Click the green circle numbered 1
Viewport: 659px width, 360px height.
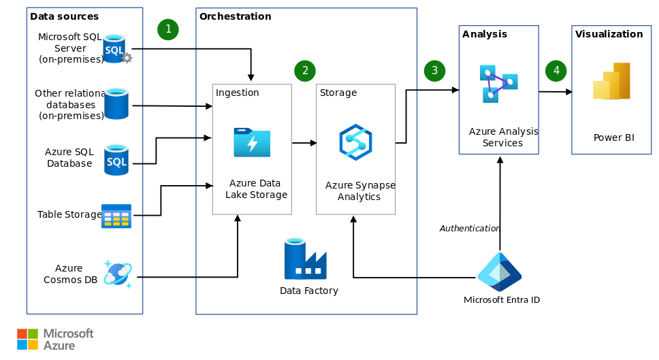tap(168, 29)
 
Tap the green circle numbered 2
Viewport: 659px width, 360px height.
tap(305, 70)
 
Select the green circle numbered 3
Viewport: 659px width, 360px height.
tap(434, 70)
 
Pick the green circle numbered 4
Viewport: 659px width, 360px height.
tap(556, 70)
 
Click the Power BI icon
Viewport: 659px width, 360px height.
tap(611, 82)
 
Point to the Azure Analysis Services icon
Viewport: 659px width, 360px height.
tap(498, 84)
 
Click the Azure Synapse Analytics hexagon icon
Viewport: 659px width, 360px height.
tap(355, 142)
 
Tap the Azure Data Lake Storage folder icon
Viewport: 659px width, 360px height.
tap(252, 142)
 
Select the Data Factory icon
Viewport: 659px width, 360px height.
tap(305, 259)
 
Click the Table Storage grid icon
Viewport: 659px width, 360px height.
tap(116, 216)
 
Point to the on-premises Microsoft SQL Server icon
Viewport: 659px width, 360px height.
tap(116, 50)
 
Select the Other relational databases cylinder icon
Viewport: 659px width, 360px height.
tap(116, 103)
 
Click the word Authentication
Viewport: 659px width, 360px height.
tap(470, 229)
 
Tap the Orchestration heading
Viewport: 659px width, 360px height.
tap(235, 16)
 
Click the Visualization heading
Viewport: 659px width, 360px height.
tap(609, 34)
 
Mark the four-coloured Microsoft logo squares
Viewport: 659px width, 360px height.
tap(27, 339)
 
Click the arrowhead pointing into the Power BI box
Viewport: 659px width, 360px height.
tap(568, 92)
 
